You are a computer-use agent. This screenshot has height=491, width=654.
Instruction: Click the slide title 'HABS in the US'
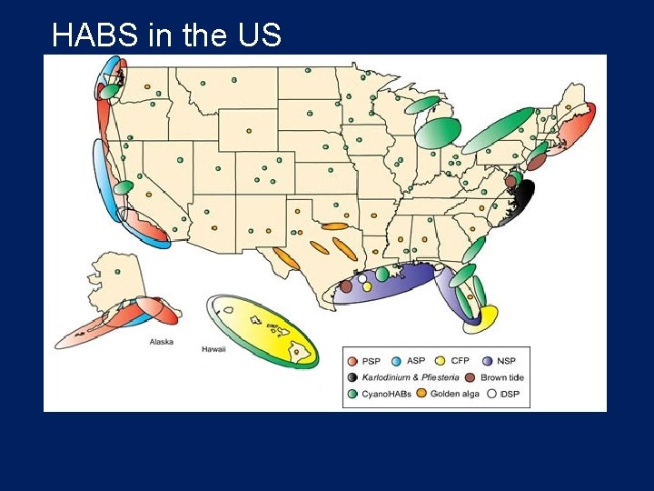tap(167, 35)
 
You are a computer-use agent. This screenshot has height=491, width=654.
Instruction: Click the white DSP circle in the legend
tap(490, 394)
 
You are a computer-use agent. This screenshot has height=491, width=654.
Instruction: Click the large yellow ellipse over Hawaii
tap(263, 329)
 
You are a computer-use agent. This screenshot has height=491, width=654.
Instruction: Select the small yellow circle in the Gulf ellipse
tap(367, 286)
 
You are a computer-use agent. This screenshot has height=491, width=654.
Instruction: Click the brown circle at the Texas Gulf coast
tap(346, 286)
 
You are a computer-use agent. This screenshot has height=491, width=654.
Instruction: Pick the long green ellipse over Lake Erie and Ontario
tap(498, 130)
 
